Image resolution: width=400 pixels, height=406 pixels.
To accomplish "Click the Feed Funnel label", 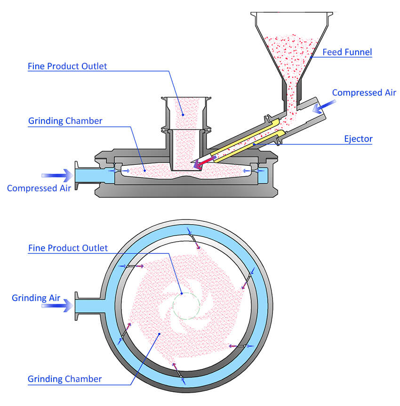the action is click(x=347, y=52).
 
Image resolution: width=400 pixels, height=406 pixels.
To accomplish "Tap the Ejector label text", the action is click(x=358, y=139).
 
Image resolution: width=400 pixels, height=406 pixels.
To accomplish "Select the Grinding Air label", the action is click(x=36, y=298).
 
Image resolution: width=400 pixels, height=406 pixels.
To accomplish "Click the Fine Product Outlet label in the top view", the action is click(x=67, y=66).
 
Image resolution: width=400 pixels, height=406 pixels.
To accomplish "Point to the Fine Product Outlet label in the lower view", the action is click(x=68, y=248).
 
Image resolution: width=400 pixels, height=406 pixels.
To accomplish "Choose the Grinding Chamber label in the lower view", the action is click(x=64, y=379).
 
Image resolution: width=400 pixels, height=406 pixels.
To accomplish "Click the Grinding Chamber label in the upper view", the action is click(x=65, y=121).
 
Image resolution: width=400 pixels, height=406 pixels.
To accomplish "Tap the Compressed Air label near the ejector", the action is click(x=364, y=92).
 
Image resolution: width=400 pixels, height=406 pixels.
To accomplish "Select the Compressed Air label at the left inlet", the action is click(x=39, y=188).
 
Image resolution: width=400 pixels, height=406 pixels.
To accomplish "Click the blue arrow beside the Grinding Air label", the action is click(x=57, y=306).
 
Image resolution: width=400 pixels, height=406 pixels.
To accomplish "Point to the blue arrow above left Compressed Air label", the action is click(x=57, y=176).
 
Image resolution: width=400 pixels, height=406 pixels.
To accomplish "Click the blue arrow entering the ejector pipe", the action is click(x=324, y=106).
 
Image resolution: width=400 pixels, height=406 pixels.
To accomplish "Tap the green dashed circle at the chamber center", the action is click(x=186, y=293).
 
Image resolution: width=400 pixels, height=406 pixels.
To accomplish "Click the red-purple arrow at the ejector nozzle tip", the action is click(x=204, y=162).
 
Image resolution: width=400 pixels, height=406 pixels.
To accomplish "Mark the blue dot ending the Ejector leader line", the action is click(x=254, y=144).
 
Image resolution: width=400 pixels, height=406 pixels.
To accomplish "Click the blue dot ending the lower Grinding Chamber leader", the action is click(x=160, y=334).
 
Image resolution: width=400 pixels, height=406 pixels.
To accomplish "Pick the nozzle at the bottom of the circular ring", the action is click(x=179, y=374).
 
